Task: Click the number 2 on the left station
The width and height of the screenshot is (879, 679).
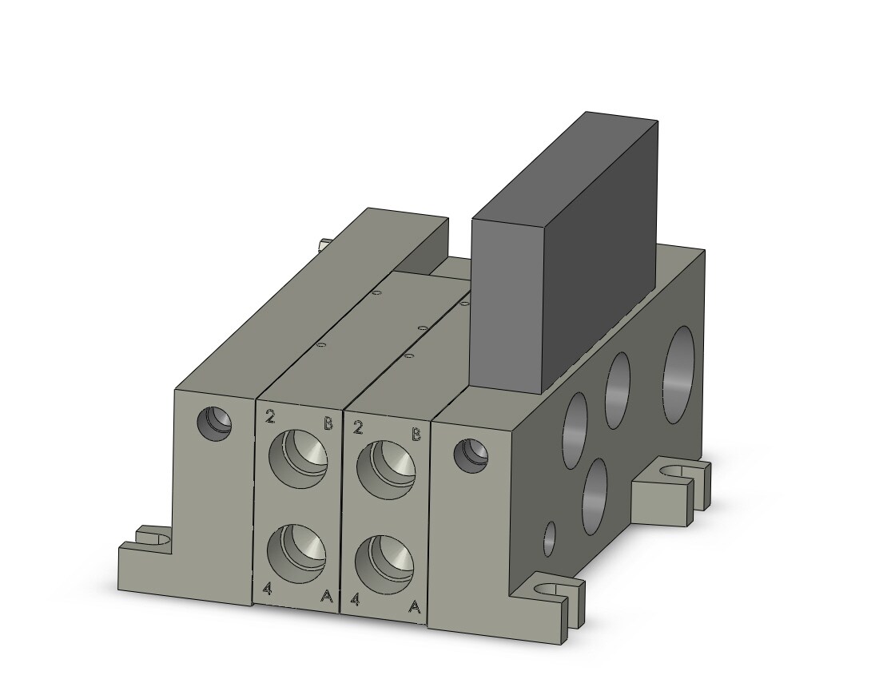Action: (x=272, y=416)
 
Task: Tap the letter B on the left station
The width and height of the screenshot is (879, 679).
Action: (x=328, y=423)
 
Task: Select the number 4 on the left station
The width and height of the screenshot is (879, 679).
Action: (x=268, y=589)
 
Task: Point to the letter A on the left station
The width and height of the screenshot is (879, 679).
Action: (x=326, y=596)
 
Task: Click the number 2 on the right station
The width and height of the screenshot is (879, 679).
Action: (x=358, y=427)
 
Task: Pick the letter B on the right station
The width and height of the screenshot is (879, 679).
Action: (x=416, y=435)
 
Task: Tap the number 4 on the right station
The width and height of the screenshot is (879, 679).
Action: (x=355, y=600)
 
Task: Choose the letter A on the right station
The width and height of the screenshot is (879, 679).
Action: (x=414, y=607)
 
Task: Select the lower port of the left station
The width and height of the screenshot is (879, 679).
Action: (x=296, y=553)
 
